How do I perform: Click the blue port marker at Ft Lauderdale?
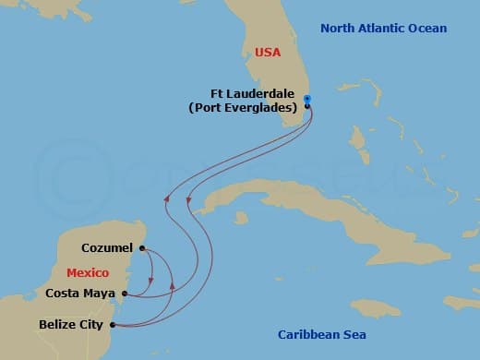click(x=307, y=100)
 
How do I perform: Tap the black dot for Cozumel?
click(x=142, y=247)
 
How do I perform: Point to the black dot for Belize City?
click(x=113, y=325)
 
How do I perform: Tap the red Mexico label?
click(x=89, y=273)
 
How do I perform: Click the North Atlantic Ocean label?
click(x=383, y=29)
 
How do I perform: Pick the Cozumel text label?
click(x=107, y=248)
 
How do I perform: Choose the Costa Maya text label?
click(x=79, y=294)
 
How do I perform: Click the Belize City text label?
click(x=70, y=325)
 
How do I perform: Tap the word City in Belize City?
click(x=90, y=325)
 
